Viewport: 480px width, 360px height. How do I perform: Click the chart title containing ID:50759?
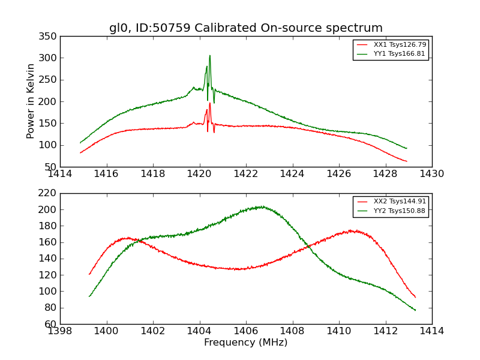[x=245, y=28]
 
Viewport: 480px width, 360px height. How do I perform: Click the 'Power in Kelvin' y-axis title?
[x=31, y=101]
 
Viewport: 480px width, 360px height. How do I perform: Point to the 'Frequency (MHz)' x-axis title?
[x=245, y=343]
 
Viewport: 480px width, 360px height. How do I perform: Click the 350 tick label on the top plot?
[x=50, y=37]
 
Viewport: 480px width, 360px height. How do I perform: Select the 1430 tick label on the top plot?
[x=431, y=174]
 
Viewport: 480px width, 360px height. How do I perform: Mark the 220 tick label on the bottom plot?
[x=50, y=193]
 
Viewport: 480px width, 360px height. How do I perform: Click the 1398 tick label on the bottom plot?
[x=60, y=331]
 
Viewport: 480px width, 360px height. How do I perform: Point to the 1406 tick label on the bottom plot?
[x=245, y=331]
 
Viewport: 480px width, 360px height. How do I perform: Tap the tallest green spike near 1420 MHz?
[x=209, y=56]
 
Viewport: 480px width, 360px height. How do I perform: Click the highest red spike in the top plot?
[x=209, y=103]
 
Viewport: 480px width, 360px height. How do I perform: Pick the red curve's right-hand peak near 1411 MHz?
[x=355, y=230]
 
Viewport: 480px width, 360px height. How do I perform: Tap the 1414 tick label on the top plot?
[x=60, y=174]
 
